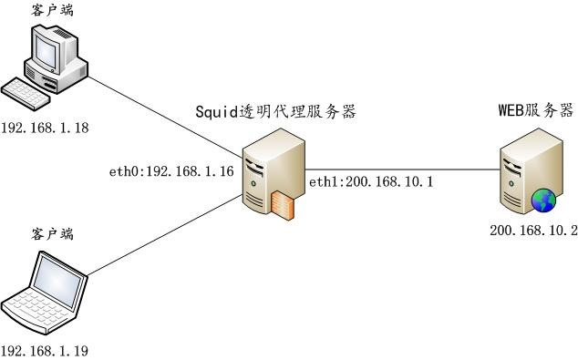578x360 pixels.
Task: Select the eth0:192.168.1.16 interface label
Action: click(x=171, y=170)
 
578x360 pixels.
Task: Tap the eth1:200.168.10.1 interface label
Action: click(x=370, y=183)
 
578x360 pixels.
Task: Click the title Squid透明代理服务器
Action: click(x=275, y=112)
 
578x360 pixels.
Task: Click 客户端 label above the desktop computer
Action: click(x=51, y=11)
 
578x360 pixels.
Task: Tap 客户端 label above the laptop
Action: click(x=51, y=235)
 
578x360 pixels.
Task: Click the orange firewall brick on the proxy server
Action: click(x=283, y=208)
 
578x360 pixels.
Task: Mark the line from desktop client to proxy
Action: click(x=164, y=115)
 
